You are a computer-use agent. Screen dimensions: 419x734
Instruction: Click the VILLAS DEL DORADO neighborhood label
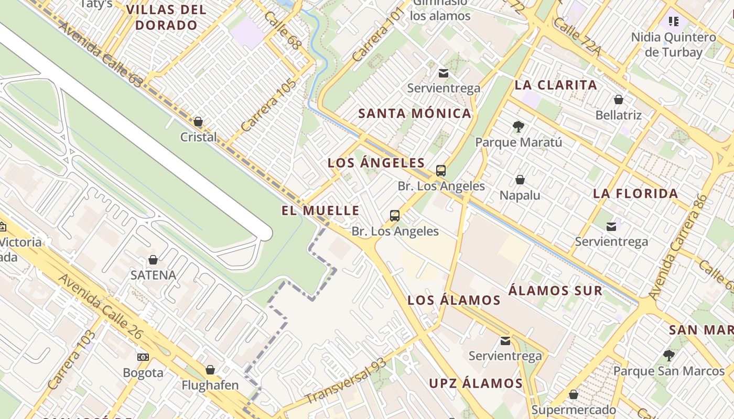coord(166,17)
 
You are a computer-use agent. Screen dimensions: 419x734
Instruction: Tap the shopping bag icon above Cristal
coord(198,122)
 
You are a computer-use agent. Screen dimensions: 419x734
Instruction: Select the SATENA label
coord(153,275)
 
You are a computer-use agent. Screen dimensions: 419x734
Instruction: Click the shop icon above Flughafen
coord(210,370)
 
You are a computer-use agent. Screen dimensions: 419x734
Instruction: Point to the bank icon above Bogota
coord(143,357)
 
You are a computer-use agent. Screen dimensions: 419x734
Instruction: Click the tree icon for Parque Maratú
coord(519,126)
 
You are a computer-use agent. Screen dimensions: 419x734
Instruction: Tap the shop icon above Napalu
coord(520,180)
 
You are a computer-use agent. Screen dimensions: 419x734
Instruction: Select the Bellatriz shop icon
coord(619,100)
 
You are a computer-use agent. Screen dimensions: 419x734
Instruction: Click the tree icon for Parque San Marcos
coord(668,356)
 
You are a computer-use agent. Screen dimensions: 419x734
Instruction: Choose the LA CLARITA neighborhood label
coord(556,85)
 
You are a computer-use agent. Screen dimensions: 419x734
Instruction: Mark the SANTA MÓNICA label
coord(415,113)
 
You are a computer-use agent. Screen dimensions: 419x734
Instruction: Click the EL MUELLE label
coord(320,211)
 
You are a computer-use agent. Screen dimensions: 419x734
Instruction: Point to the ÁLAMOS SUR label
coord(555,290)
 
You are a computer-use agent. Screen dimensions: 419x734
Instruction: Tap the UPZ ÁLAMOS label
coord(476,383)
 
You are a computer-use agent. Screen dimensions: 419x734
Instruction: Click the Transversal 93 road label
coord(346,381)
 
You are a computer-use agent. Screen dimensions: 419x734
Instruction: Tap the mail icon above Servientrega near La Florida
coord(611,226)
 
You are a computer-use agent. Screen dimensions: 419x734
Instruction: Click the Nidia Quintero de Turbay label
coord(673,45)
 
